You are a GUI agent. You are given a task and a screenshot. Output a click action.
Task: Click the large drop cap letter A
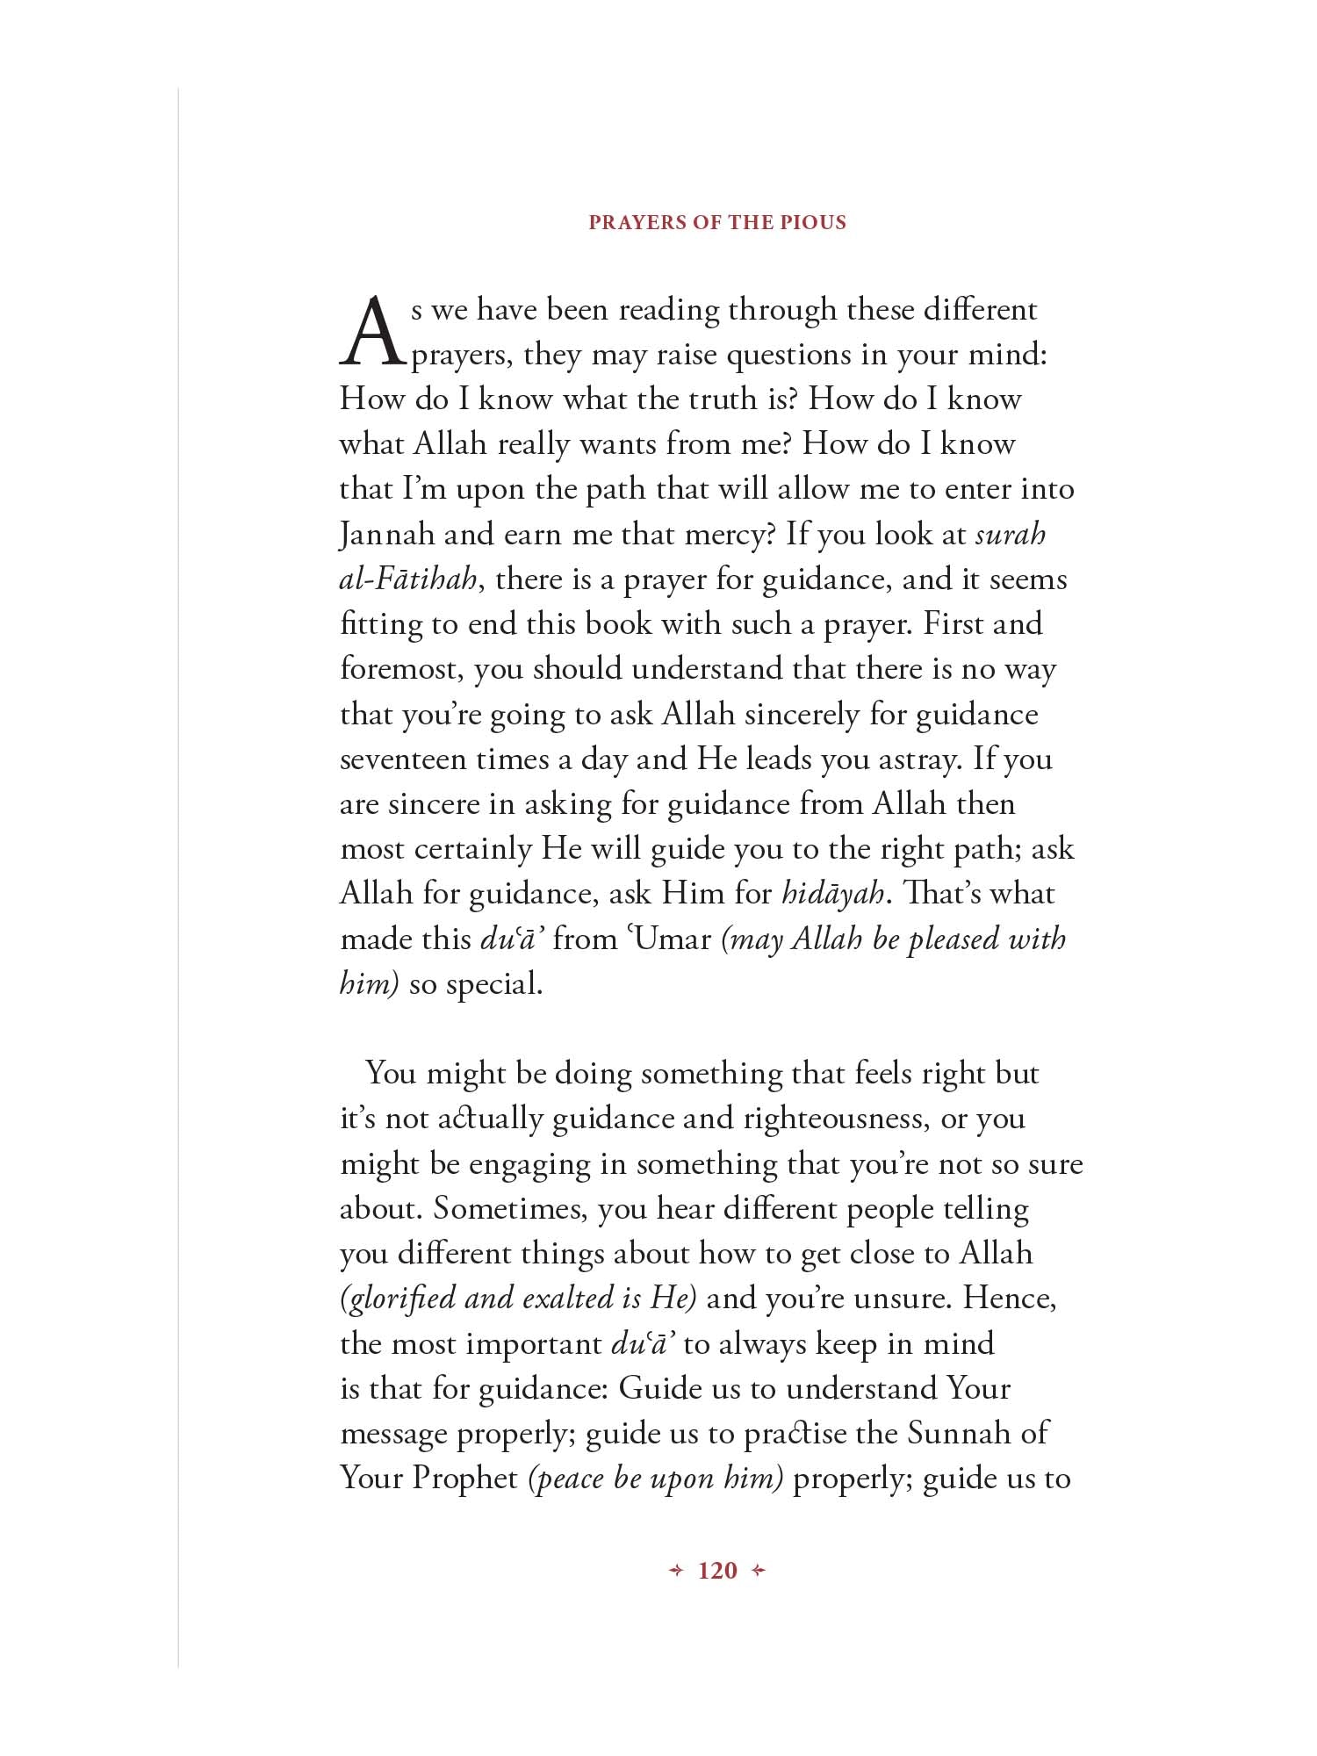[x=373, y=332]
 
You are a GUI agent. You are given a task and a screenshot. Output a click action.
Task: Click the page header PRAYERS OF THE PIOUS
[x=717, y=222]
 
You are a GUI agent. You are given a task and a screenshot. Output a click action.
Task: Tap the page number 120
[x=717, y=1571]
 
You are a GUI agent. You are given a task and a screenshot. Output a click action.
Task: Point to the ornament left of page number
[x=675, y=1571]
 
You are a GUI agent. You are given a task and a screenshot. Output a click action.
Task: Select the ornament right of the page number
[x=759, y=1571]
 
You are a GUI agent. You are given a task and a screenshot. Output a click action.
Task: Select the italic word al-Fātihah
[x=409, y=579]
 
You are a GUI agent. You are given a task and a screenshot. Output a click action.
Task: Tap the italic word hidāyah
[x=832, y=894]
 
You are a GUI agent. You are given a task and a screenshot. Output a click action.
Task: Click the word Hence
[x=1010, y=1299]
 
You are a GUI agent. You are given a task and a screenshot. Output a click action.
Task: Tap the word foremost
[x=402, y=669]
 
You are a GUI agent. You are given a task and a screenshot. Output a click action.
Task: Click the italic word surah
[x=1011, y=534]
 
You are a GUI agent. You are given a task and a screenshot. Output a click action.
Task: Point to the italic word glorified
[x=398, y=1299]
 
